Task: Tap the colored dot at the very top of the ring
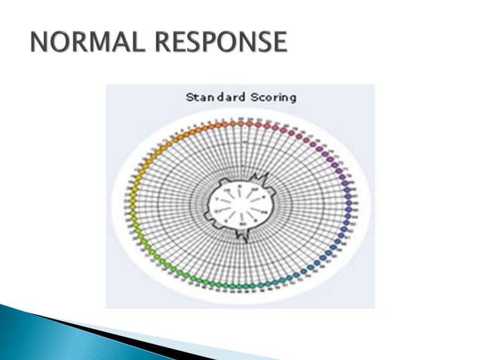coord(240,121)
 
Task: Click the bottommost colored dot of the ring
coord(240,287)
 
